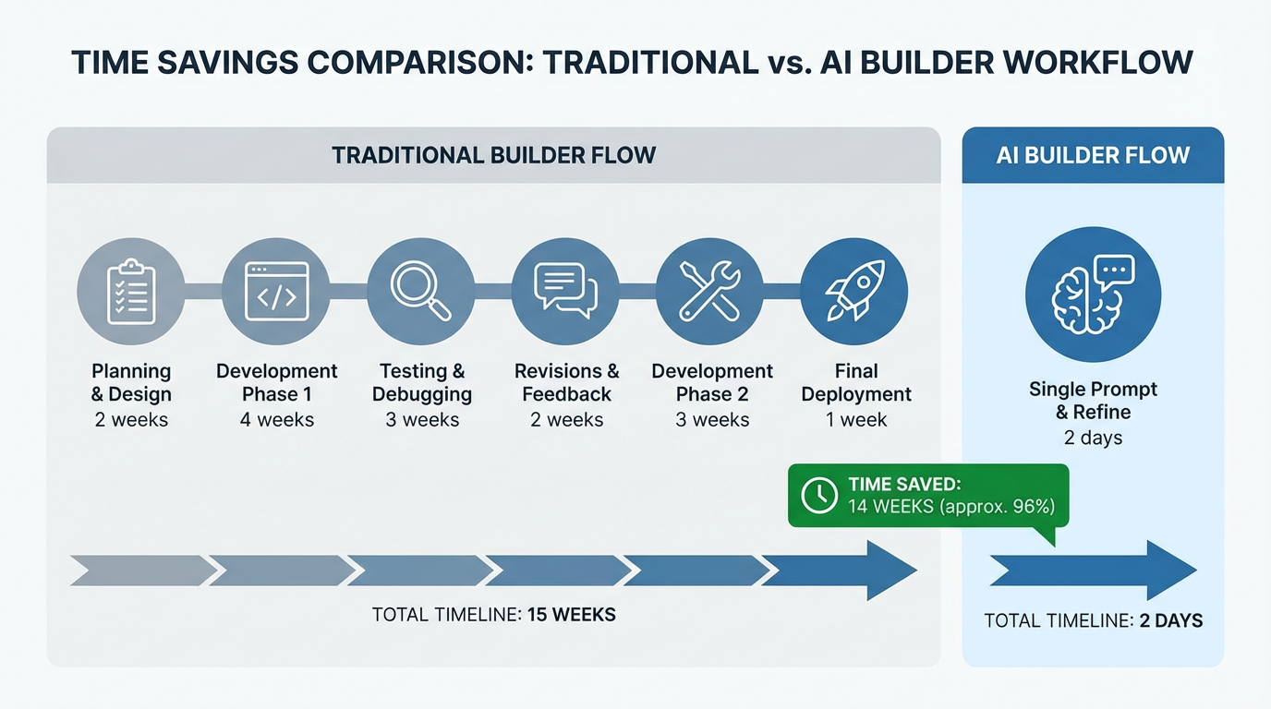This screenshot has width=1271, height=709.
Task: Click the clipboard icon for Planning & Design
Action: [x=130, y=291]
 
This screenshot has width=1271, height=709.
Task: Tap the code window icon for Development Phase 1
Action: [x=276, y=291]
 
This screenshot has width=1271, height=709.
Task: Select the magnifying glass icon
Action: [x=420, y=291]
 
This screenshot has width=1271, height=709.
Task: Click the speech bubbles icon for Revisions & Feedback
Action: [x=565, y=291]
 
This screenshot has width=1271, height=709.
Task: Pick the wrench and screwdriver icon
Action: [x=709, y=291]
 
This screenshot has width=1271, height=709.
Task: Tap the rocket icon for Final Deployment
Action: [x=853, y=291]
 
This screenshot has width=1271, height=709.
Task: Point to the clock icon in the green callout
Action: [x=819, y=495]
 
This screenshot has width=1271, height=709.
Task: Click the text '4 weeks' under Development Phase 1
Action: [x=277, y=420]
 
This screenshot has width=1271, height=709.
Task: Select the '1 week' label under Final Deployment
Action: [x=855, y=420]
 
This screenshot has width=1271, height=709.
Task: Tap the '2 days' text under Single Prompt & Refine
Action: [x=1093, y=438]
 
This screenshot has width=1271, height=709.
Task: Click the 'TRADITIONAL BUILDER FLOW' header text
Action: [x=493, y=155]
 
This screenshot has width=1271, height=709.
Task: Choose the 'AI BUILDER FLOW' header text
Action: [x=1093, y=155]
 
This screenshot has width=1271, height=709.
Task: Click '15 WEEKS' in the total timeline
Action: [x=571, y=614]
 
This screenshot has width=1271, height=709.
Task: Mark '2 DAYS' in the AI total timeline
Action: [x=1170, y=620]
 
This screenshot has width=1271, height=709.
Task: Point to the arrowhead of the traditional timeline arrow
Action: [x=890, y=571]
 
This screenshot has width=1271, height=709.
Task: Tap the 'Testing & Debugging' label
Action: [x=421, y=382]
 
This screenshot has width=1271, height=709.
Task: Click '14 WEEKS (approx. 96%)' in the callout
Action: [x=950, y=506]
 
